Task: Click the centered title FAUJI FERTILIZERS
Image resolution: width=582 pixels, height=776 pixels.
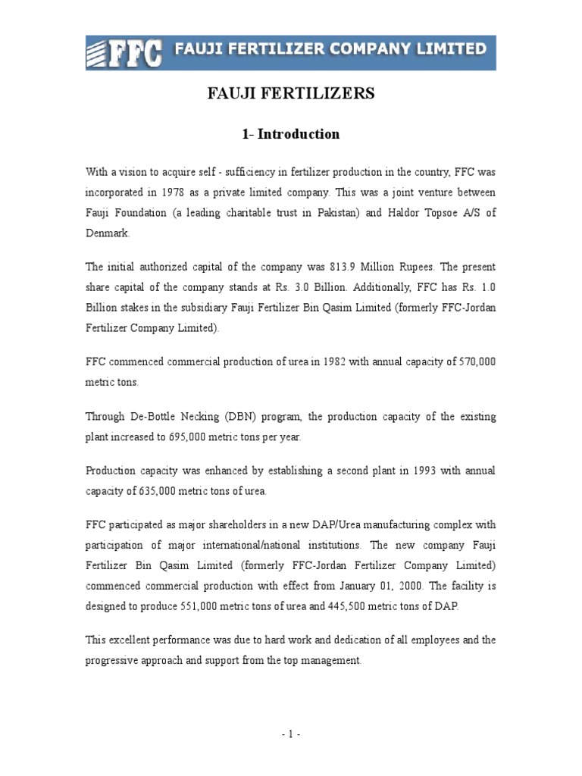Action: point(291,94)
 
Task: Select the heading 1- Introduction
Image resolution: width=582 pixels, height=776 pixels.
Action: point(291,134)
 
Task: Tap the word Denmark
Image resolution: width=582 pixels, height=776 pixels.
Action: point(107,233)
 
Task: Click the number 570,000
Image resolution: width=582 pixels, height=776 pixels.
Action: point(477,362)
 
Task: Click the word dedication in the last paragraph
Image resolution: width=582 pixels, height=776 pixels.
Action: point(355,640)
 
